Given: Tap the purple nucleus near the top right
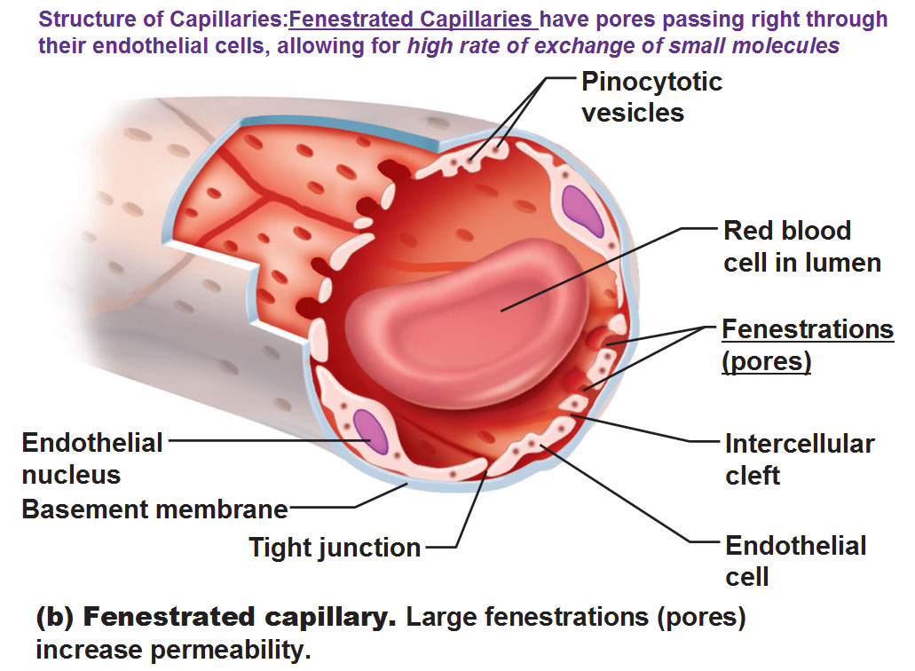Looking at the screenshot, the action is click(582, 210).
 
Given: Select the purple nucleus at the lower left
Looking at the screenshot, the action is click(371, 431).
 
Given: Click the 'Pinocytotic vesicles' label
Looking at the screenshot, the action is click(651, 97).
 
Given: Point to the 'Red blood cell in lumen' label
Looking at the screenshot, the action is click(801, 246).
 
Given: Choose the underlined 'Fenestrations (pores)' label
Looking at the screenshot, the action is click(808, 345).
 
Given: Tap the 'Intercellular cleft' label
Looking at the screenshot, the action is click(800, 459).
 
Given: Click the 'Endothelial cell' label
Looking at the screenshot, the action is click(795, 561).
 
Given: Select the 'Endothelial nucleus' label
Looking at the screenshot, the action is click(92, 459).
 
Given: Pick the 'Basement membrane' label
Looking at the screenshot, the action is click(154, 509).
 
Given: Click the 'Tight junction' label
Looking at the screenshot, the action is click(335, 548).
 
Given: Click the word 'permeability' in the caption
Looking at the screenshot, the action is click(231, 650).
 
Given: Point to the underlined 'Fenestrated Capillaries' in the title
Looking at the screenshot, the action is click(414, 20).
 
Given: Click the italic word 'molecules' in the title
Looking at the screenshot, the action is click(785, 45).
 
